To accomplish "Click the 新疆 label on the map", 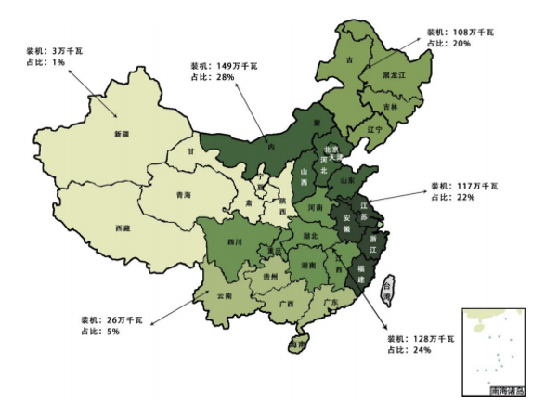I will tap(122, 135).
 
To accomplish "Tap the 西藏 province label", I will tap(123, 228).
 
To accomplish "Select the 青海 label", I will tap(182, 196).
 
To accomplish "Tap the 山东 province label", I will tap(346, 181).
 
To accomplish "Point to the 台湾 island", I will tap(389, 289).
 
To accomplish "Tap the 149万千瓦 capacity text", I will tap(216, 66).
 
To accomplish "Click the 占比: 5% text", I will tap(99, 331).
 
